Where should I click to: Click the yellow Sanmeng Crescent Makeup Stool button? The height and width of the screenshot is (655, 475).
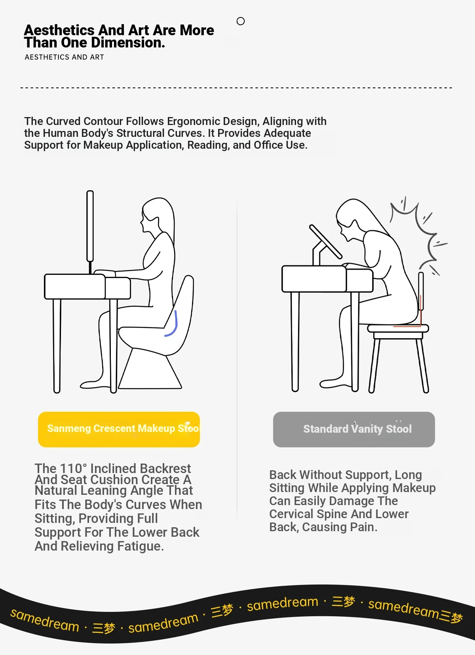pyautogui.click(x=119, y=429)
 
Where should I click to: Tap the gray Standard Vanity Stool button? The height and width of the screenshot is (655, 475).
pyautogui.click(x=354, y=429)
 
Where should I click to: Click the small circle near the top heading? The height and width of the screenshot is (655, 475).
pyautogui.click(x=241, y=21)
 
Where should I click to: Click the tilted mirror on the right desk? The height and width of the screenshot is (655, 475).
pyautogui.click(x=325, y=242)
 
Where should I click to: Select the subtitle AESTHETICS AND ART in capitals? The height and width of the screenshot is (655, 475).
pyautogui.click(x=65, y=57)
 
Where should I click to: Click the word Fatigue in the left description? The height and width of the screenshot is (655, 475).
pyautogui.click(x=141, y=546)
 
